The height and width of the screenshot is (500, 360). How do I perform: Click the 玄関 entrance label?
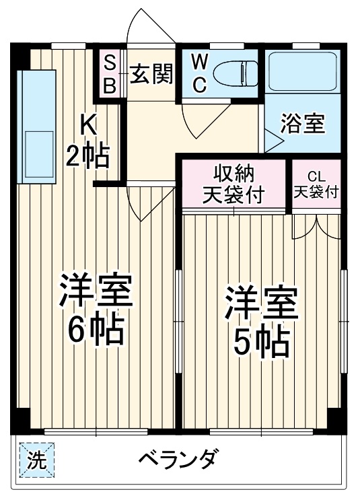pos(151,73)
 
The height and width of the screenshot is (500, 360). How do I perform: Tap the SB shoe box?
pos(109,74)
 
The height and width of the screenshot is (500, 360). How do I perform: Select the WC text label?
pos(199,73)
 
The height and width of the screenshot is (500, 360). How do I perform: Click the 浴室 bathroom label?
pos(302,125)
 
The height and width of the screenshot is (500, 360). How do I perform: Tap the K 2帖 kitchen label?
pos(87,141)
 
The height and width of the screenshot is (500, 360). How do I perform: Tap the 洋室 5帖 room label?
pos(261,322)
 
